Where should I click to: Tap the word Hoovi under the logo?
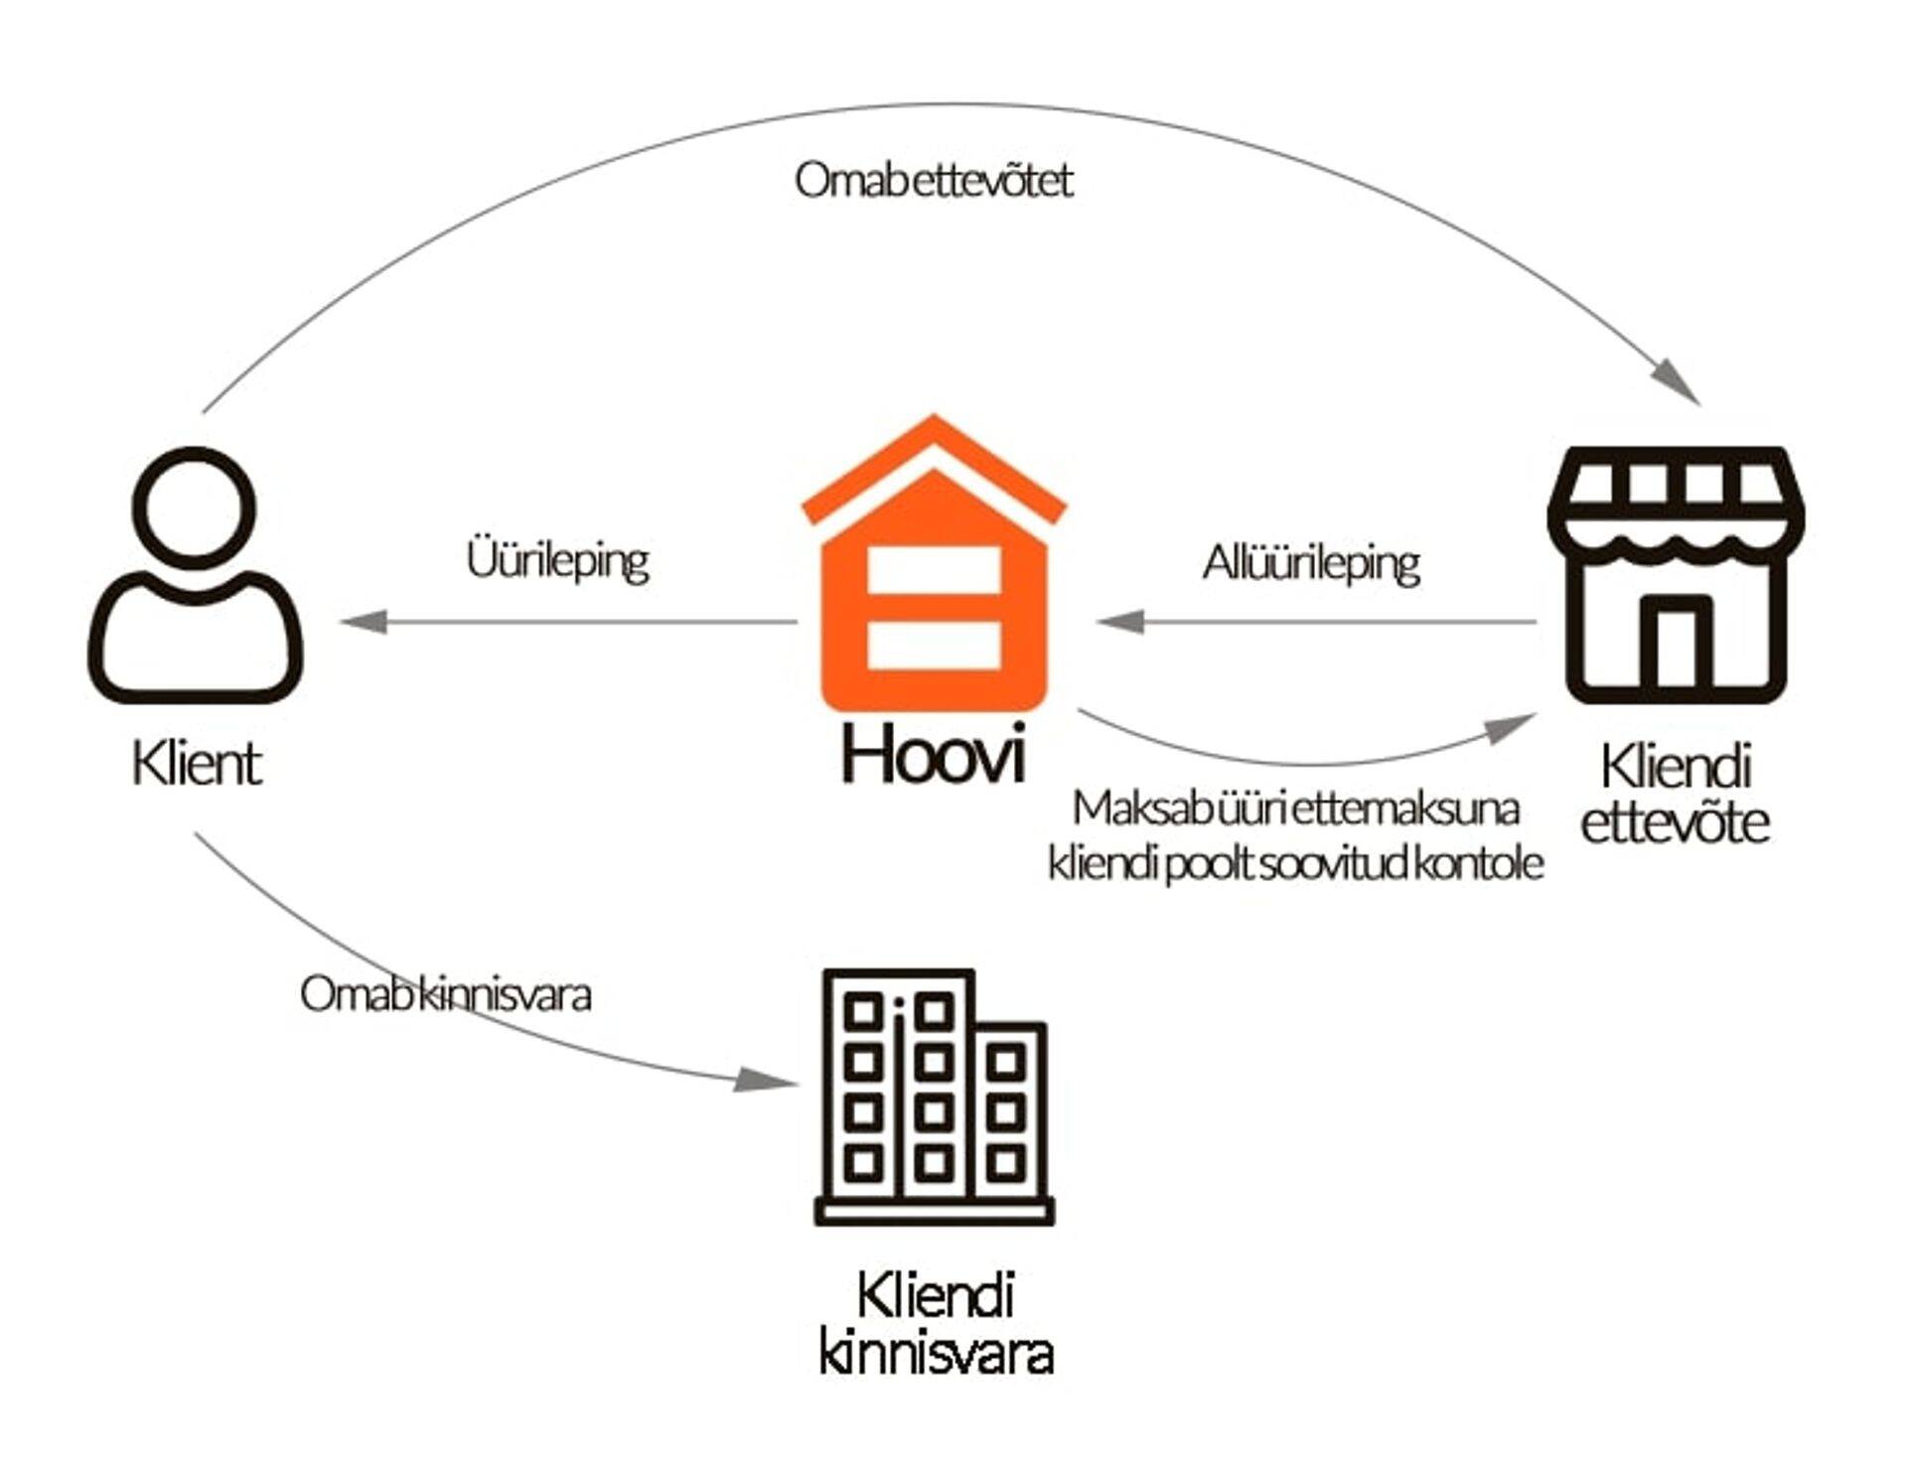tap(933, 755)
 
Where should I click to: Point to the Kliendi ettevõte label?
tap(1676, 795)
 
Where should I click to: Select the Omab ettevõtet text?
tap(934, 181)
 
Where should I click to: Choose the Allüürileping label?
tap(1311, 562)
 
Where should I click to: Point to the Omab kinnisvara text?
tap(446, 994)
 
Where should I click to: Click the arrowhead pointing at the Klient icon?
tap(363, 623)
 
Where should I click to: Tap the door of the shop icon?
tap(1677, 646)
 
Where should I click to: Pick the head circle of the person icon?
tap(195, 507)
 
